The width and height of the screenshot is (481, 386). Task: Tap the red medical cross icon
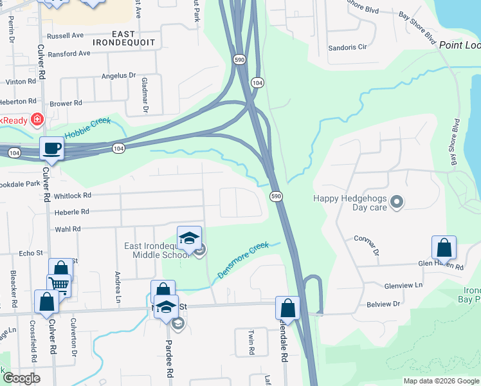pos(37,120)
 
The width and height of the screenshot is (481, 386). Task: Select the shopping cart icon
pos(59,284)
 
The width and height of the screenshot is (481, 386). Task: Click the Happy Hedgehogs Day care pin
pos(397,203)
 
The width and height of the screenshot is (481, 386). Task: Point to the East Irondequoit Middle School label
pos(157,250)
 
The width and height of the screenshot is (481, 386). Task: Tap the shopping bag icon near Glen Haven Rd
pos(444,248)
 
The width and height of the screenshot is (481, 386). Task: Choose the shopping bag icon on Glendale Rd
pos(287,308)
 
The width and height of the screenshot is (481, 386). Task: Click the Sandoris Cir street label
pos(347,47)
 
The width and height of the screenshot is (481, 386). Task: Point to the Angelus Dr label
pos(119,75)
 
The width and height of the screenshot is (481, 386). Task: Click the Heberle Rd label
pos(71,212)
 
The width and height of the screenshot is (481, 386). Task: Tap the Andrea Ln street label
pos(118,287)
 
